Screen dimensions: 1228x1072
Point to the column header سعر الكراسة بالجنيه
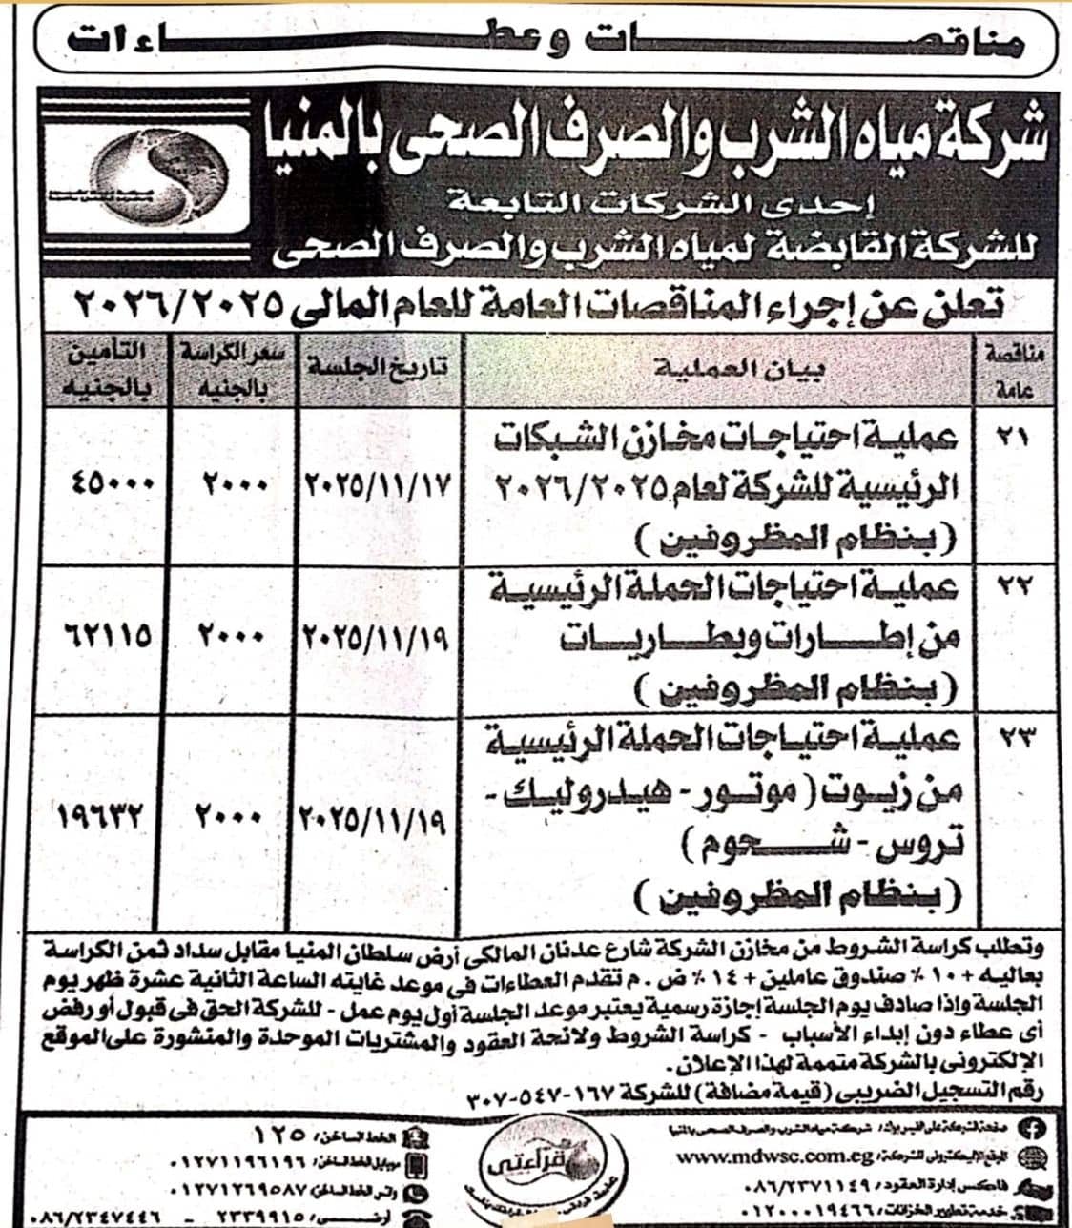tap(233, 368)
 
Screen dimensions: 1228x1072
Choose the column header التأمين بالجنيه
tap(105, 369)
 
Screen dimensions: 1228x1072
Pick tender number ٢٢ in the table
tap(1011, 588)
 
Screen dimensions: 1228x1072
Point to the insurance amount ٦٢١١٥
tap(108, 634)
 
